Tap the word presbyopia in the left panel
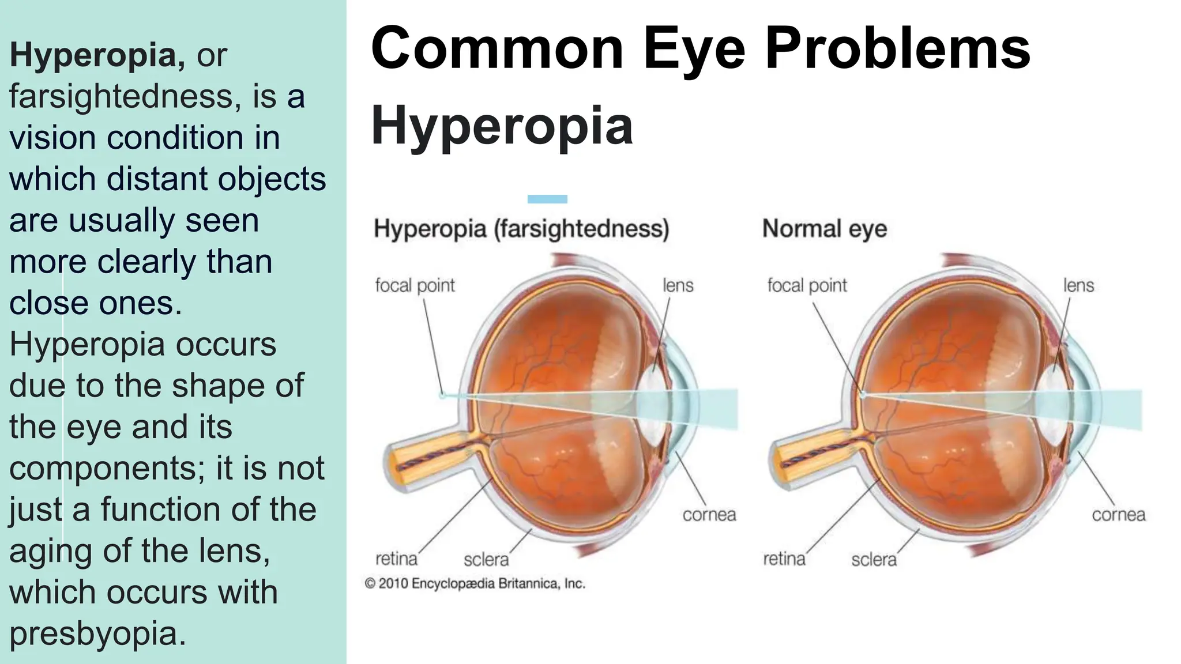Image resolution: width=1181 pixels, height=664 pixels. tap(97, 634)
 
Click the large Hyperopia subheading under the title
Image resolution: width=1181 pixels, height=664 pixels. tap(502, 126)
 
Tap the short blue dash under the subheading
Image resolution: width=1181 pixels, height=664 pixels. tap(547, 199)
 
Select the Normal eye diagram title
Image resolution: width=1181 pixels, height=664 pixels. tap(824, 229)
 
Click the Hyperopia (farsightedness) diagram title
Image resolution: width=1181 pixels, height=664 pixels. tap(521, 229)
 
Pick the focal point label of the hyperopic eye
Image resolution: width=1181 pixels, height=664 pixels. tap(415, 285)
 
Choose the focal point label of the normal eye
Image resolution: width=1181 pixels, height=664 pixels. tap(807, 285)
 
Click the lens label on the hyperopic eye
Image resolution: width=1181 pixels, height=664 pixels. tap(678, 285)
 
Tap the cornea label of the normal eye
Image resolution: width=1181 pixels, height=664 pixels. tap(1118, 515)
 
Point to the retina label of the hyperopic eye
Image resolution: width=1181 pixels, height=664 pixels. tap(396, 559)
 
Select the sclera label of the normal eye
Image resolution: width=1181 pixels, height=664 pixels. tap(874, 559)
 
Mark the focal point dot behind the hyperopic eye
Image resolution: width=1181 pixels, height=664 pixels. tap(442, 395)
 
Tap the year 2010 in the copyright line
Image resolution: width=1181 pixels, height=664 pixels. tap(393, 584)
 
